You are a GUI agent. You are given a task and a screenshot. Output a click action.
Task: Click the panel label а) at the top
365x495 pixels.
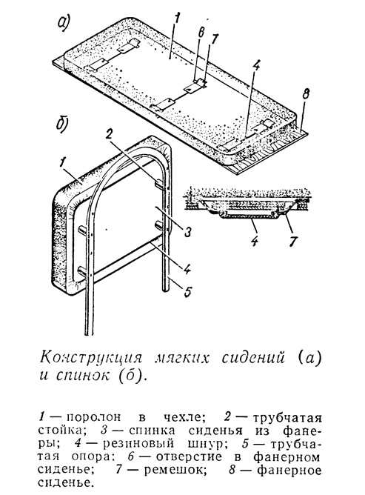[x=64, y=24]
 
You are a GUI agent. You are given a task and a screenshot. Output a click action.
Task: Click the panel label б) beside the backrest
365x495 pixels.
[x=63, y=124]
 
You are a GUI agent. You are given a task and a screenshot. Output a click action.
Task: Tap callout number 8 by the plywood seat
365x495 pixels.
[x=305, y=94]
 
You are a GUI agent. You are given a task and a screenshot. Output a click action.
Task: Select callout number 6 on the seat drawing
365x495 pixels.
[x=201, y=33]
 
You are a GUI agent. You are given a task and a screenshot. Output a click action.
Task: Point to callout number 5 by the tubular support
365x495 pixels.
[x=187, y=291]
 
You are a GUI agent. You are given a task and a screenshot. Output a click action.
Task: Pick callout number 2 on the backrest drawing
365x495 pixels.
[x=109, y=135]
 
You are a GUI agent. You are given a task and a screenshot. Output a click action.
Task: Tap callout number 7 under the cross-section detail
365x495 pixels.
[x=292, y=241]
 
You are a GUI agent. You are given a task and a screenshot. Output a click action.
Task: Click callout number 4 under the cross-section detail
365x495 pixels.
[x=255, y=241]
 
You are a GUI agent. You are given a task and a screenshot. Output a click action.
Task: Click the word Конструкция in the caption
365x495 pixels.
[x=92, y=359]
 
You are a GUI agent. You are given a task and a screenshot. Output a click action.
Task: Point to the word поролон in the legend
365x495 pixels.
[x=94, y=418]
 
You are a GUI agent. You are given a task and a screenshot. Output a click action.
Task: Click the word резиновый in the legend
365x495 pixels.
[x=139, y=444]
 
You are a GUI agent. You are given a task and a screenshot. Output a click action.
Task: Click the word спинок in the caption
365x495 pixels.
[x=84, y=376]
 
